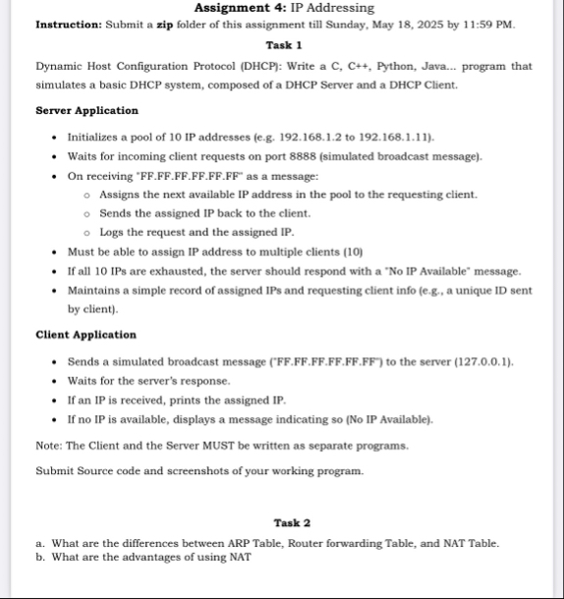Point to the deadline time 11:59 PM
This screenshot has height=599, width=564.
(486, 24)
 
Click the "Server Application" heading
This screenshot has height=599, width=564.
(86, 111)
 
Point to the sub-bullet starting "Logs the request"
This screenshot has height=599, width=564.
(197, 233)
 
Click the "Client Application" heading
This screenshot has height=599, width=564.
(85, 334)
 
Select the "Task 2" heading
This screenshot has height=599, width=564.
(292, 522)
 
